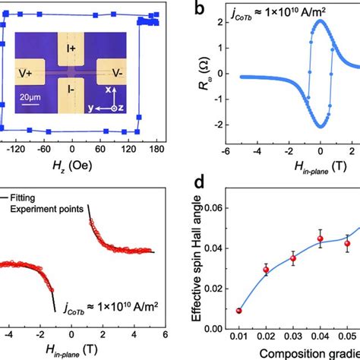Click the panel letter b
(199, 11)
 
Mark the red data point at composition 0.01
(240, 310)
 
